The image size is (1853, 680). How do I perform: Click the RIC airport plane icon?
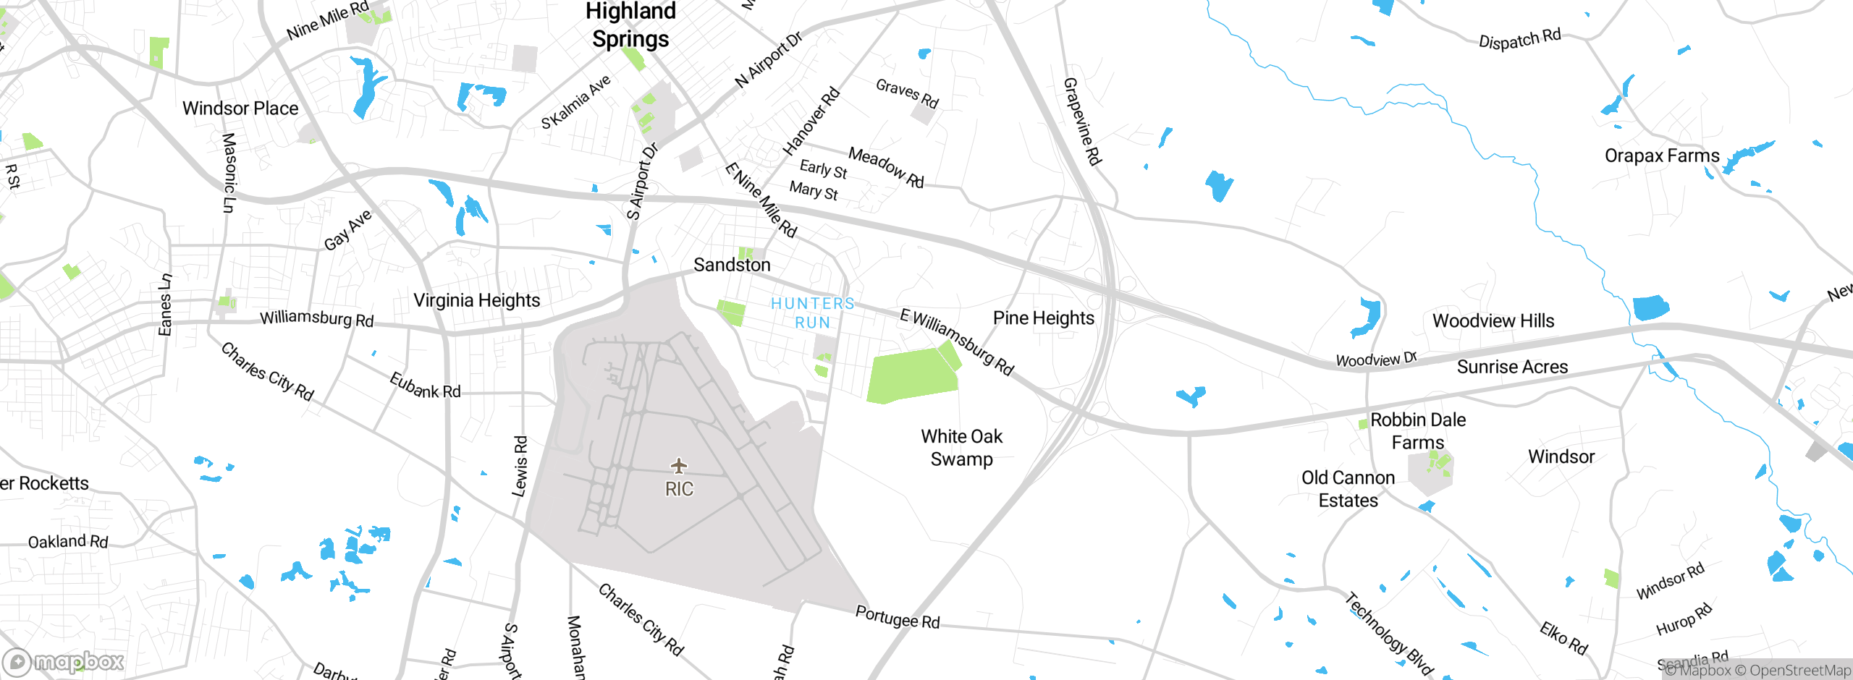[x=678, y=465]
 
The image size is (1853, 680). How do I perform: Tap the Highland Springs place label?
[x=630, y=25]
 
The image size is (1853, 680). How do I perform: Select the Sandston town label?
[x=732, y=265]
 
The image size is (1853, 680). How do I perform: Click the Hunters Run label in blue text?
[x=812, y=313]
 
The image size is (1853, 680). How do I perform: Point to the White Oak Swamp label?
[x=961, y=448]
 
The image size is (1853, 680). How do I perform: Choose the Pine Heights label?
[x=1043, y=318]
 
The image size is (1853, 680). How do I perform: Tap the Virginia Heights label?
[x=476, y=300]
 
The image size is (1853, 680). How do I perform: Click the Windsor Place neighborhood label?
[x=240, y=109]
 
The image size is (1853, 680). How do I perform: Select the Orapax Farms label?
[x=1661, y=156]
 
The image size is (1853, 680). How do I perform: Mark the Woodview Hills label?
[x=1493, y=320]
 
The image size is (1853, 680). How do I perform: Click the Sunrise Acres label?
[x=1512, y=367]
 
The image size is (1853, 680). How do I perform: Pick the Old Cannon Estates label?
[x=1348, y=489]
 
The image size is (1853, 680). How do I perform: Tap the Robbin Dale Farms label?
[x=1417, y=431]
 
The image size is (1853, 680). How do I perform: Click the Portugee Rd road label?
[x=898, y=617]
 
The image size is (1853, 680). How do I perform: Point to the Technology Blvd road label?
[x=1389, y=634]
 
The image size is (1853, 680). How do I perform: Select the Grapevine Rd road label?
[x=1082, y=122]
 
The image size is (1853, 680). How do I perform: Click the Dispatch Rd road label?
[x=1519, y=39]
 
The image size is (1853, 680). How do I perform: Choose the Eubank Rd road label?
[x=425, y=386]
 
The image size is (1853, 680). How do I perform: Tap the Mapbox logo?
[x=64, y=661]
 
